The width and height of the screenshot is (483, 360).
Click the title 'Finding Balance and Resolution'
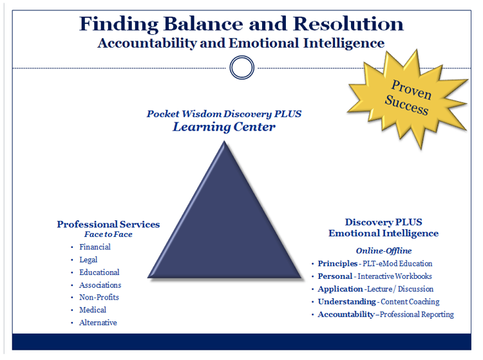pos(241,24)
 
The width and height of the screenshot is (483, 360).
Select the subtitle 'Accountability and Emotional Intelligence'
pos(241,43)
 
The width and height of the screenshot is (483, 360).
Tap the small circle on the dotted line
pos(241,67)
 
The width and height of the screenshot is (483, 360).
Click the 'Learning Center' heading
pos(224,127)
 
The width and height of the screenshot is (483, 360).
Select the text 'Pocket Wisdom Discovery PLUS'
pos(224,114)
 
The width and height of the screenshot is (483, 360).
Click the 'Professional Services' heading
pos(108,224)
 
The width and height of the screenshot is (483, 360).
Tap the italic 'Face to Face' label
pos(108,234)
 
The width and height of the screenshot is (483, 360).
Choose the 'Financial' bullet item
pos(95,247)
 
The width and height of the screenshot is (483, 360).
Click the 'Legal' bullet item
pos(88,260)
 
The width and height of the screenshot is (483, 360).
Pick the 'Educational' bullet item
pos(99,272)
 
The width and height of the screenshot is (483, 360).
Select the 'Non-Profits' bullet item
pos(99,298)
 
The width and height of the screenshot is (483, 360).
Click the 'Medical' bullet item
pos(93,310)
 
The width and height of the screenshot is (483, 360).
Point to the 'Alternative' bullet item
pos(98,323)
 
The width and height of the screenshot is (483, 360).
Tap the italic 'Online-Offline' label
pos(384,251)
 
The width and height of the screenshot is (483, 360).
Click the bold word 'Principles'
pos(337,263)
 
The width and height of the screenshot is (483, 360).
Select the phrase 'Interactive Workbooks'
pos(395,276)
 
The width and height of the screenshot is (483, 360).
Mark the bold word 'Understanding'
pos(346,301)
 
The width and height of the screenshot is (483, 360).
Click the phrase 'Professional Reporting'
pos(418,314)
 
